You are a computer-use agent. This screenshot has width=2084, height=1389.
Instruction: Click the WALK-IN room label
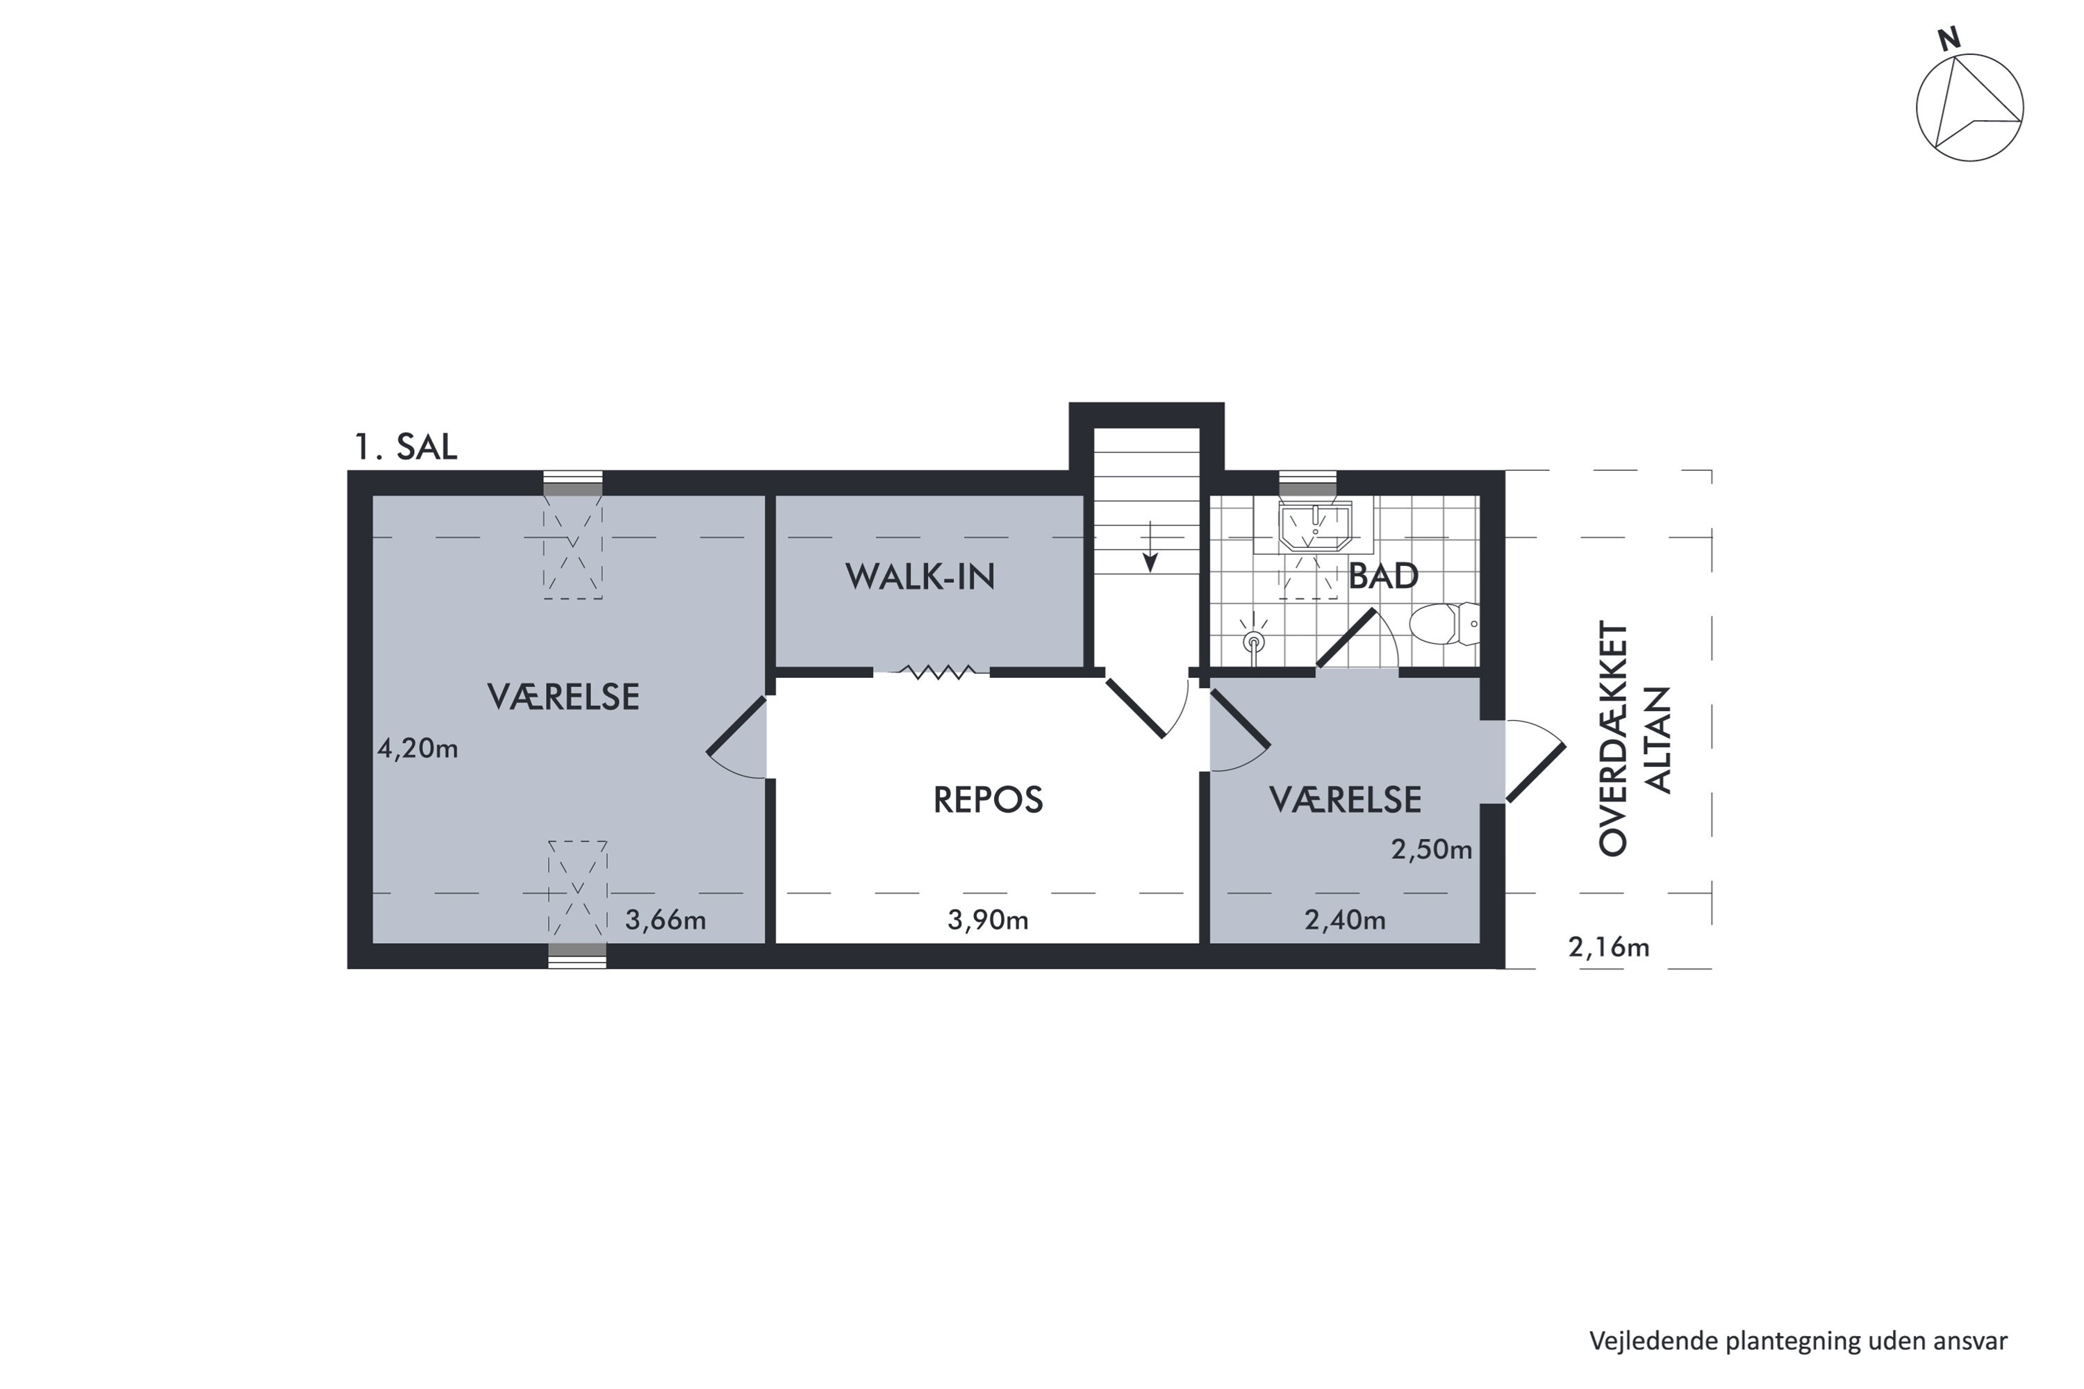[920, 576]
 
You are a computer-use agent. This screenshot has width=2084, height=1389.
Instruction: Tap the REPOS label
[988, 800]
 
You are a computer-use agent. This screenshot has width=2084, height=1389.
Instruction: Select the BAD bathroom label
[1383, 576]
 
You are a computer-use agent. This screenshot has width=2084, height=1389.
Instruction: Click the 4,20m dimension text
[417, 749]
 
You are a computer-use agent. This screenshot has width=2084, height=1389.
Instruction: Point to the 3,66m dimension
[665, 920]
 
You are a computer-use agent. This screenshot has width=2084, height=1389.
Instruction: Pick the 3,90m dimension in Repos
[988, 920]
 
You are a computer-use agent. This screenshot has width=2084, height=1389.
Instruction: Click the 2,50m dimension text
[1431, 850]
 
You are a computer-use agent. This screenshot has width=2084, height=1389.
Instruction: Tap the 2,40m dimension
[1345, 920]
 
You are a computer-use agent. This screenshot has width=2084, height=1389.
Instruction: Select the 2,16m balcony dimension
[1609, 948]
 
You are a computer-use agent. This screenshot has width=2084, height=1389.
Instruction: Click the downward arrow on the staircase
[1150, 547]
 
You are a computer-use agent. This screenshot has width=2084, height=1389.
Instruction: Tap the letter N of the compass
[1949, 40]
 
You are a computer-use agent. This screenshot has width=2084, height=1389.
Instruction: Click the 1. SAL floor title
[406, 447]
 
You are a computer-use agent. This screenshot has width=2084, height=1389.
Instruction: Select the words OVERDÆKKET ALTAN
[1635, 739]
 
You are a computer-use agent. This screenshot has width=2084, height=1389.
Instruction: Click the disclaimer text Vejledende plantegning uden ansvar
[1798, 1341]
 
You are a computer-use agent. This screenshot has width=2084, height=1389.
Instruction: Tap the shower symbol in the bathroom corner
[1253, 636]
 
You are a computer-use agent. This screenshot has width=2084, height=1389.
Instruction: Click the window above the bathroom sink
[1308, 483]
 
